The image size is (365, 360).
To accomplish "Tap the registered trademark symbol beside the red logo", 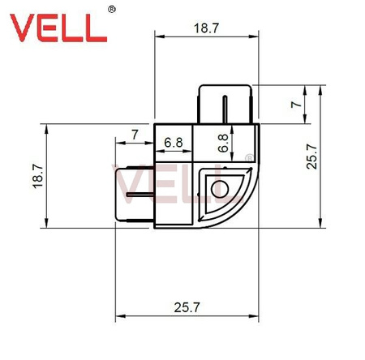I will click(x=112, y=11).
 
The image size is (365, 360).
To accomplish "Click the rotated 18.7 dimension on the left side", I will click(x=37, y=175).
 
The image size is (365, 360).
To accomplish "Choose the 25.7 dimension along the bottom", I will click(x=186, y=308).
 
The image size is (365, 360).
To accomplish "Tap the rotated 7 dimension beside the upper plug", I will click(x=295, y=105).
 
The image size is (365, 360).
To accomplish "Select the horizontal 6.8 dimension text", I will click(x=173, y=144).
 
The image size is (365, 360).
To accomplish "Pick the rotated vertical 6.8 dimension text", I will click(x=222, y=144).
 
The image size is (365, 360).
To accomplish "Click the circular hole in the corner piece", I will click(x=217, y=190).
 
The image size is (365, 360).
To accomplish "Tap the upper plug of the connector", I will click(x=225, y=104).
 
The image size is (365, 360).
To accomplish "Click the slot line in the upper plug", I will click(x=226, y=105).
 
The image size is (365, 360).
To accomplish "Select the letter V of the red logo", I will click(x=21, y=26).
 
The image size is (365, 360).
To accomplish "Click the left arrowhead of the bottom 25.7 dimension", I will click(x=119, y=315).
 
